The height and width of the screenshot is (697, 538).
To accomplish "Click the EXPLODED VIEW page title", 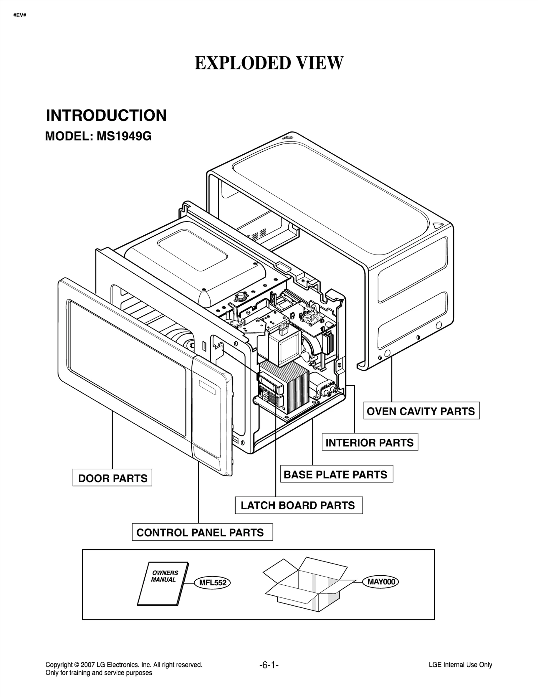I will (269, 63).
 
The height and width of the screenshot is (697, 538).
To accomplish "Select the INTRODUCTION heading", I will (106, 115).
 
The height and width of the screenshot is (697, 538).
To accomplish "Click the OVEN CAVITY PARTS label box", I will (421, 411).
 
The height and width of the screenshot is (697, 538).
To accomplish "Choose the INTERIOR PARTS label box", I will (370, 442).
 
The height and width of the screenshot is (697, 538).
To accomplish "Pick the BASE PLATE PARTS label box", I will (336, 474).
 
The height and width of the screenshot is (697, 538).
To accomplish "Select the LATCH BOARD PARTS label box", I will (299, 505).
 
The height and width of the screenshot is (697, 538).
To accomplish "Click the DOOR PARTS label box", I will (112, 478).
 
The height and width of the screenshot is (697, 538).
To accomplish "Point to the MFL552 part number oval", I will (213, 583).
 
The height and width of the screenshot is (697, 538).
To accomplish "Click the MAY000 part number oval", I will (381, 582).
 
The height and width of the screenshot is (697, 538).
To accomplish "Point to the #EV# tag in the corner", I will (20, 15).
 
